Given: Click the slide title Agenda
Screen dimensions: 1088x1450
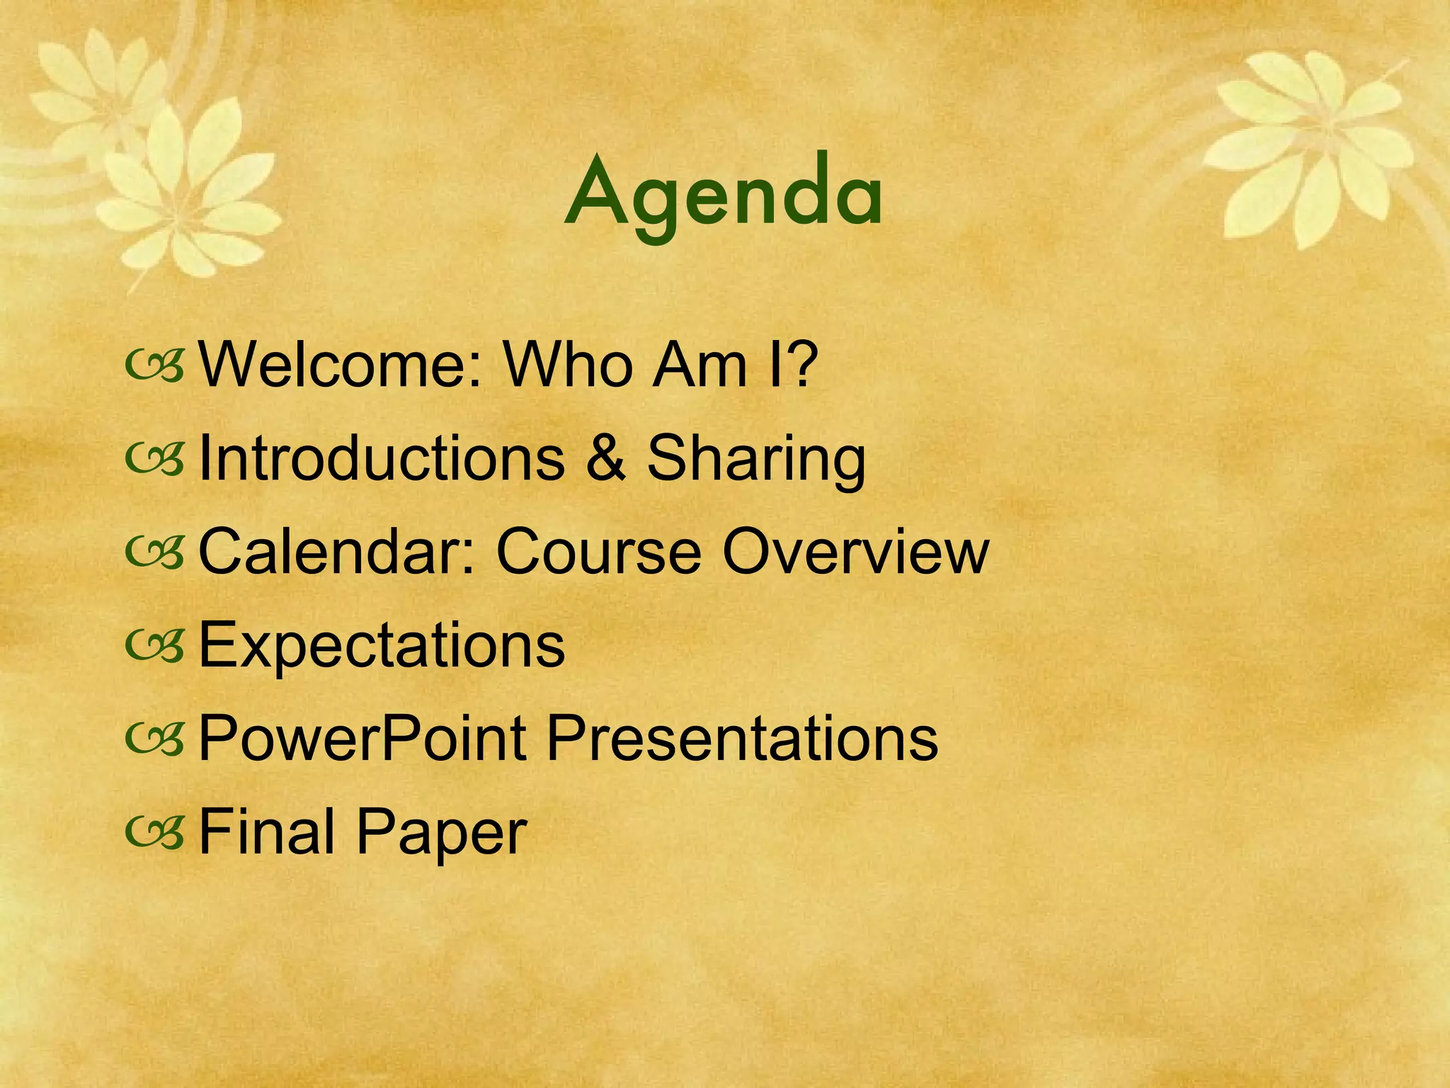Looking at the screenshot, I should pos(724,195).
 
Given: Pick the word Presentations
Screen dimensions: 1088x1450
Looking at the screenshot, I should pos(742,739).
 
